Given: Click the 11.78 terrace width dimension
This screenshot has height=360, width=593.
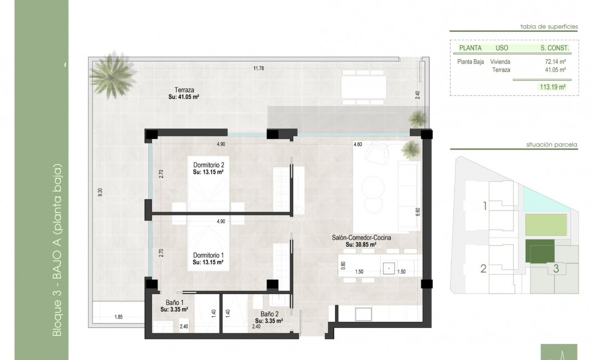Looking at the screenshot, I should (x=258, y=68).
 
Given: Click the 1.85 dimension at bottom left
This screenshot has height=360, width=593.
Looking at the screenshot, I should (x=118, y=317).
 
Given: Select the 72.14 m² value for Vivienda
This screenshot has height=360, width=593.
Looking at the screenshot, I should (x=555, y=62).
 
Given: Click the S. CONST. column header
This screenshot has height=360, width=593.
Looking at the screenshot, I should (x=555, y=48).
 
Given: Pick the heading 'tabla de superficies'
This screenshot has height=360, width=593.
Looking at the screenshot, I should (x=549, y=26).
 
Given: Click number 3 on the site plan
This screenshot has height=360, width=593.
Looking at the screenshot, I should (x=555, y=269).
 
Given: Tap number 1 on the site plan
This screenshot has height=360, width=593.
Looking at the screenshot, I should (x=484, y=207).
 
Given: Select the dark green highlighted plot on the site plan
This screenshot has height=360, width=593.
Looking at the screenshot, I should (x=539, y=251).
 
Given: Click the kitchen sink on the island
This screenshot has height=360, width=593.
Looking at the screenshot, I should (x=390, y=269).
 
